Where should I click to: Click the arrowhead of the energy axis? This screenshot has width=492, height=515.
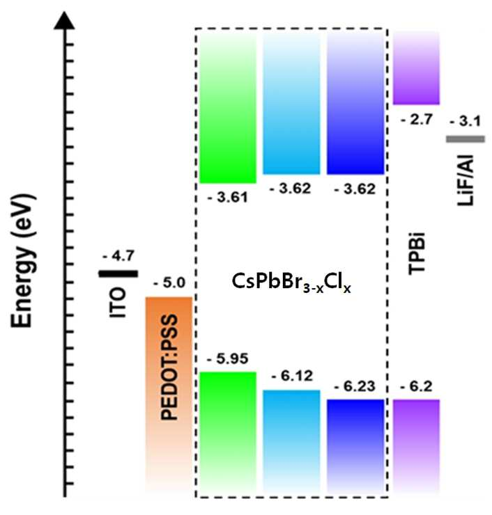click(x=65, y=20)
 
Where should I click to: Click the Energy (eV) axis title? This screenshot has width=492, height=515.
click(x=23, y=261)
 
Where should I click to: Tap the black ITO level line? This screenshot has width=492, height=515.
click(x=118, y=274)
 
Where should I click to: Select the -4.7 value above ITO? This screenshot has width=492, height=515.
click(x=118, y=256)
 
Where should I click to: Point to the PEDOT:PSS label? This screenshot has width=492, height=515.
click(x=169, y=367)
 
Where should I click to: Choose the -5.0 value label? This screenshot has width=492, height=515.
click(x=169, y=283)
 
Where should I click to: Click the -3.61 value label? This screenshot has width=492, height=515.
click(x=228, y=198)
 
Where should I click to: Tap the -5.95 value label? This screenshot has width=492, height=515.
click(x=227, y=358)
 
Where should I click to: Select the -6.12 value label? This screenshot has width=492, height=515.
click(x=292, y=376)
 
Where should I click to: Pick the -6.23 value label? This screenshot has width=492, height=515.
click(x=355, y=386)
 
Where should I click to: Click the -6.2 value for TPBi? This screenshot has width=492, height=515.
click(x=416, y=386)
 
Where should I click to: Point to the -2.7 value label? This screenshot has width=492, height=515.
click(x=416, y=120)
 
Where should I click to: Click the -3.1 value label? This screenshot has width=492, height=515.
click(x=465, y=122)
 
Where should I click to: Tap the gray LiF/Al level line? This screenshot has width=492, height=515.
click(x=466, y=139)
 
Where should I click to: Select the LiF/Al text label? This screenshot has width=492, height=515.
click(x=465, y=180)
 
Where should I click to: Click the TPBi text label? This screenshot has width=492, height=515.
click(x=416, y=253)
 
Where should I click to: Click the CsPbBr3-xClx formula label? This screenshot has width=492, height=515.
click(x=291, y=283)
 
